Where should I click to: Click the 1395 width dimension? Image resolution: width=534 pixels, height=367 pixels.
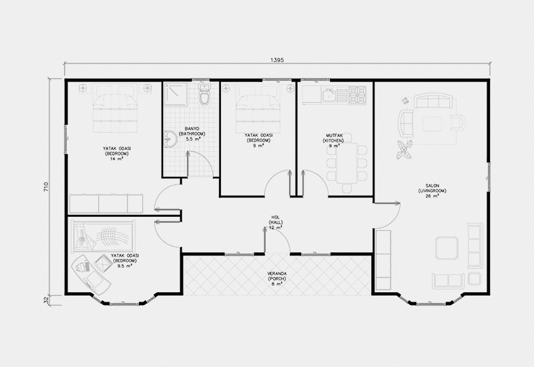click(277, 60)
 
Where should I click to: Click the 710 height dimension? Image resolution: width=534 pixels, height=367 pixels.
click(46, 188)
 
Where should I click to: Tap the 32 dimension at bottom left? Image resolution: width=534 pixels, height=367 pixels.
click(46, 300)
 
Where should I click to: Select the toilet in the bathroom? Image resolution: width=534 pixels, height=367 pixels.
click(205, 94)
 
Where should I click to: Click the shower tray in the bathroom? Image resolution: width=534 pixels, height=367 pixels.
click(176, 93)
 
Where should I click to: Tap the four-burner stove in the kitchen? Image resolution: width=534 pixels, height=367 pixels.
click(358, 94)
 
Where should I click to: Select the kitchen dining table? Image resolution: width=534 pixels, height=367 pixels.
click(346, 163)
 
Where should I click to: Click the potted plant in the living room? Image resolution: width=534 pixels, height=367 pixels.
click(405, 149)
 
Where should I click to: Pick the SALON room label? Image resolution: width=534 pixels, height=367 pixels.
click(432, 186)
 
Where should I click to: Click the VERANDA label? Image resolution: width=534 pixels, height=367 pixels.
click(277, 274)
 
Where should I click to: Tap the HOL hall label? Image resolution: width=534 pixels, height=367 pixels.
click(275, 218)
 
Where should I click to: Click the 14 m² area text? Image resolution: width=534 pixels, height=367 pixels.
click(117, 159)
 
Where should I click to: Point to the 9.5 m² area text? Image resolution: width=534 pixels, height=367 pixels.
click(125, 266)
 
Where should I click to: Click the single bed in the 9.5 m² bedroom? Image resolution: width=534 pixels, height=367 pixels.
click(103, 237)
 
